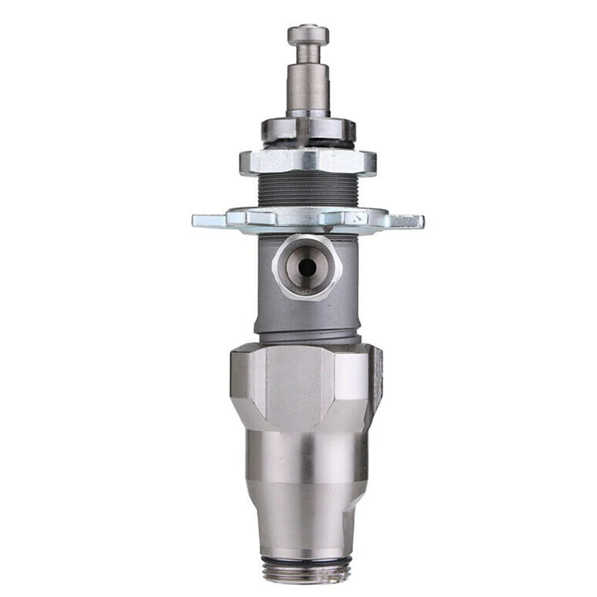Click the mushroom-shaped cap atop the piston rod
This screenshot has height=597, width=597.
[308, 35]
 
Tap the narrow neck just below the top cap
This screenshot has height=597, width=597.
[308, 54]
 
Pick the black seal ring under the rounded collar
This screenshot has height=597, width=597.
[308, 145]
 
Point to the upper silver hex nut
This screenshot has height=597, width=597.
[308, 161]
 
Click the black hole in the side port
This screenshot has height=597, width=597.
[307, 268]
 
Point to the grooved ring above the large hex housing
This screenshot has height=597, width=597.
[308, 338]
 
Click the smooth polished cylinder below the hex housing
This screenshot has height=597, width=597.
[308, 459]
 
